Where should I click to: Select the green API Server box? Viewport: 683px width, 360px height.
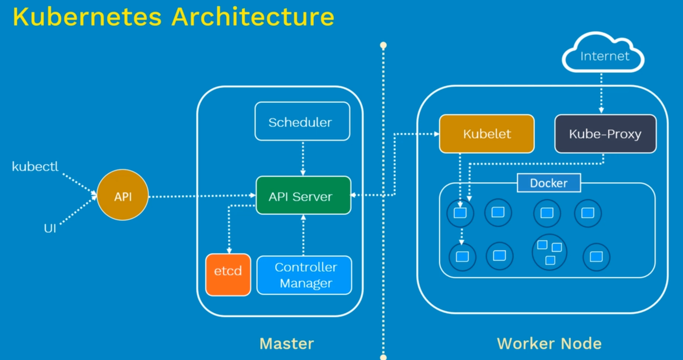303,196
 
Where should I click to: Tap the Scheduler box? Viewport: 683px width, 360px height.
302,121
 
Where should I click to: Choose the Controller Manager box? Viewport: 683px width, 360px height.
304,275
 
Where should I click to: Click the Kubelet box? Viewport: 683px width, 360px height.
486,134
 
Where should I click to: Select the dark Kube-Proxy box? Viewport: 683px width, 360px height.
605,134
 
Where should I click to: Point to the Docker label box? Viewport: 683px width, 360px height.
548,183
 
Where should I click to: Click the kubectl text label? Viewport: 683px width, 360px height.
35,166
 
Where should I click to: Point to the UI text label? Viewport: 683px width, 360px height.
50,228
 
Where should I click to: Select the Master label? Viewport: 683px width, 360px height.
287,343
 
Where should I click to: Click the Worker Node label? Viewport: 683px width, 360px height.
549,343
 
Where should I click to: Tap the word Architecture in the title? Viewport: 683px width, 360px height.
253,17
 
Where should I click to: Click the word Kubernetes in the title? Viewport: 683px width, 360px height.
87,17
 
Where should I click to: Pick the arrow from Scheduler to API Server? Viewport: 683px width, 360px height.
303,158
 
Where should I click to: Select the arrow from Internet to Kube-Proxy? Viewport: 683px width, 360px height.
601,93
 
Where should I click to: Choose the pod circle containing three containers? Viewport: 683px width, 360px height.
549,252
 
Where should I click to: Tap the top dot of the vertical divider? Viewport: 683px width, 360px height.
383,45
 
